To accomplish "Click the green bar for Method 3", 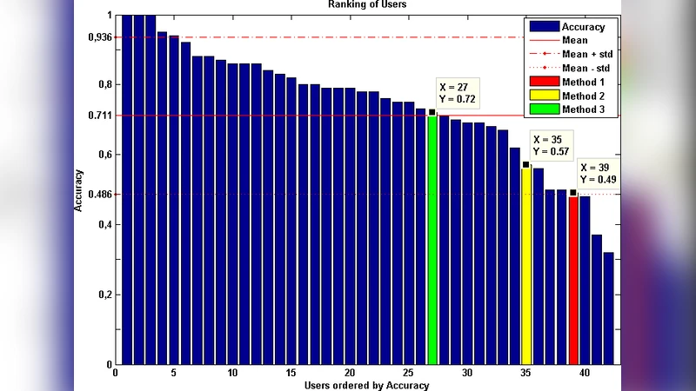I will tap(432, 239).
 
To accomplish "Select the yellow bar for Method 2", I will tap(526, 265).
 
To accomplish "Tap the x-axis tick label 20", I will tap(350, 374).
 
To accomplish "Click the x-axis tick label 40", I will tap(585, 374).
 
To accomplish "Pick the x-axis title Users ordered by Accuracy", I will tap(367, 385).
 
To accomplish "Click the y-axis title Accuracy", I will tap(78, 189).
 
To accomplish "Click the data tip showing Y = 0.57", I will tap(550, 151).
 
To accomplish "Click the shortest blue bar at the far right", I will tap(609, 308).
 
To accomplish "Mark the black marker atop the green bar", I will tap(432, 112).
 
